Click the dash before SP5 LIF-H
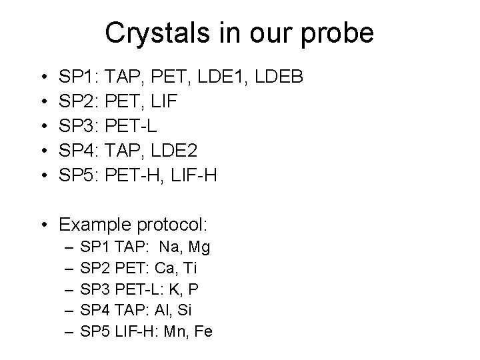pyautogui.click(x=69, y=331)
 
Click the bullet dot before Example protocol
pyautogui.click(x=44, y=223)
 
